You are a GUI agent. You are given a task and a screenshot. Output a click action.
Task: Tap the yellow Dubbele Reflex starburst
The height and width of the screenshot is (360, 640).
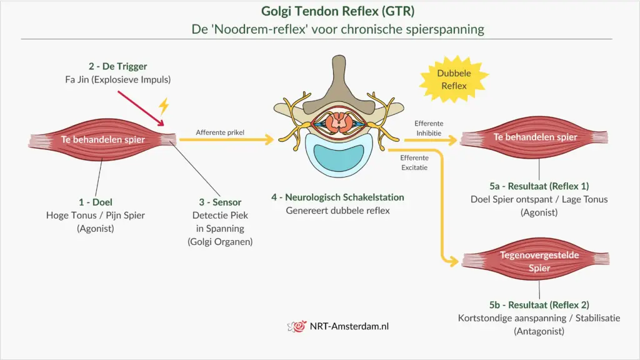454,79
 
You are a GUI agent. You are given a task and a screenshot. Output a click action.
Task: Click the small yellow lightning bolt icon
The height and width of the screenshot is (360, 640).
164,106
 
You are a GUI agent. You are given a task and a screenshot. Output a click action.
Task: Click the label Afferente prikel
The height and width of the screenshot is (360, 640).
220,132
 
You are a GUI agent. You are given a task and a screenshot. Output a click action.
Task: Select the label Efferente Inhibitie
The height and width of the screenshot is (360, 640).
428,128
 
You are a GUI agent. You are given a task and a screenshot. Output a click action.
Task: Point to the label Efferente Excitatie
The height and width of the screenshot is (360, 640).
414,163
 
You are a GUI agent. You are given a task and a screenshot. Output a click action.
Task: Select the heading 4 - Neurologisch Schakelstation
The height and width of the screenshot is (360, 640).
337,197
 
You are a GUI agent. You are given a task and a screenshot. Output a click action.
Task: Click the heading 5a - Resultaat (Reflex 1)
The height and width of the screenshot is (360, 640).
539,186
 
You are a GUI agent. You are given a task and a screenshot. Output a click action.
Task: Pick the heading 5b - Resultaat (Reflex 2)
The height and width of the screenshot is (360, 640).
539,305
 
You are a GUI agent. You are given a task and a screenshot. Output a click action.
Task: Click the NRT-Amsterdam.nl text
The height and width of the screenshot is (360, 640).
349,326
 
